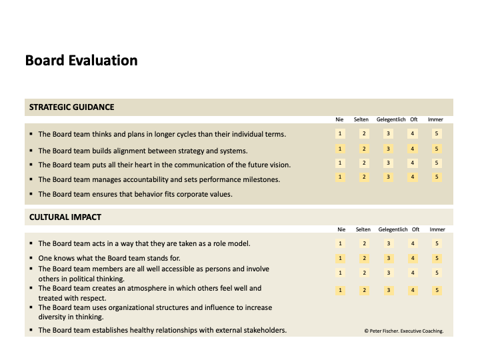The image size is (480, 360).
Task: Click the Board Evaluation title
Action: point(81,61)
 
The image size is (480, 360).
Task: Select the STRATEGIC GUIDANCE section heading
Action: point(71,107)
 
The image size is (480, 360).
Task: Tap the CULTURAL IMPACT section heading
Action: point(65,217)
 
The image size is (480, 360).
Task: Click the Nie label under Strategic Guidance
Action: point(340,120)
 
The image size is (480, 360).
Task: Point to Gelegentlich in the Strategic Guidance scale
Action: point(391,120)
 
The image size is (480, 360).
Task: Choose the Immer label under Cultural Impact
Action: point(437,229)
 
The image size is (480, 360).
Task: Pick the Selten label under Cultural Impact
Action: point(363,229)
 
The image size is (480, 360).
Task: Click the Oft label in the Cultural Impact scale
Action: point(415,229)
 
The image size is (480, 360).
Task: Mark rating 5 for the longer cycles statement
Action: point(437,134)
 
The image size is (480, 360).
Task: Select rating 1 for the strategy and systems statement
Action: point(341,149)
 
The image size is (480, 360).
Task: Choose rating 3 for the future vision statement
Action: point(389,163)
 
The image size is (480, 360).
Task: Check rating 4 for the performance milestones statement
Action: point(413,177)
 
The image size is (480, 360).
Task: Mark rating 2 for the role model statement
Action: point(365,244)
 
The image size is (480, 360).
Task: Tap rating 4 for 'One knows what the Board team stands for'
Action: point(413,258)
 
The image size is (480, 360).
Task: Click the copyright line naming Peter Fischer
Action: point(404,331)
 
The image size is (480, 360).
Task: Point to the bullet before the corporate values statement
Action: point(31,195)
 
